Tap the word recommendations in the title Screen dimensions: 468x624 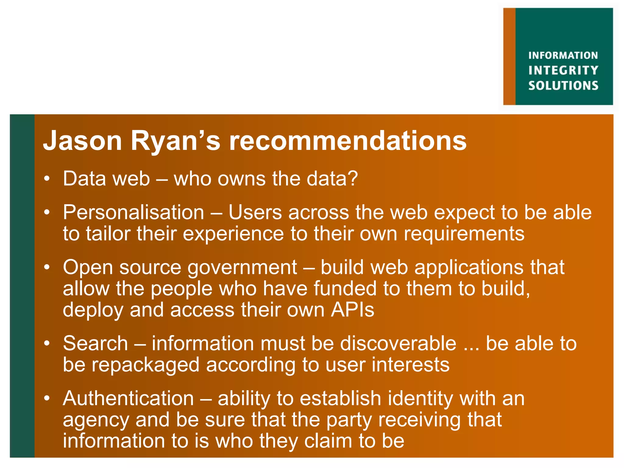click(x=348, y=141)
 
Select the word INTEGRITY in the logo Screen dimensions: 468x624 click(x=563, y=70)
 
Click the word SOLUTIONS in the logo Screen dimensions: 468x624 click(x=563, y=86)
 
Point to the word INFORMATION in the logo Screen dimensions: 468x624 click(x=563, y=55)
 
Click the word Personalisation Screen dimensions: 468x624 click(x=133, y=212)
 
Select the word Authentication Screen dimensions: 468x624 click(x=128, y=399)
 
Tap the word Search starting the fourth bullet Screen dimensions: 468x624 click(x=95, y=343)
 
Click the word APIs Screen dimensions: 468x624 click(x=353, y=310)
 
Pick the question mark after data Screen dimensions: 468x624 click(x=353, y=179)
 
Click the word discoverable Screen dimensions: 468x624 click(x=398, y=343)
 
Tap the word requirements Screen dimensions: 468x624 click(x=464, y=234)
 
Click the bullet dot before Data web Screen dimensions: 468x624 click(x=47, y=179)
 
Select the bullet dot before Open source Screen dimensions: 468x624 click(x=47, y=268)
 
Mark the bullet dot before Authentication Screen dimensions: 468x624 click(x=47, y=399)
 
